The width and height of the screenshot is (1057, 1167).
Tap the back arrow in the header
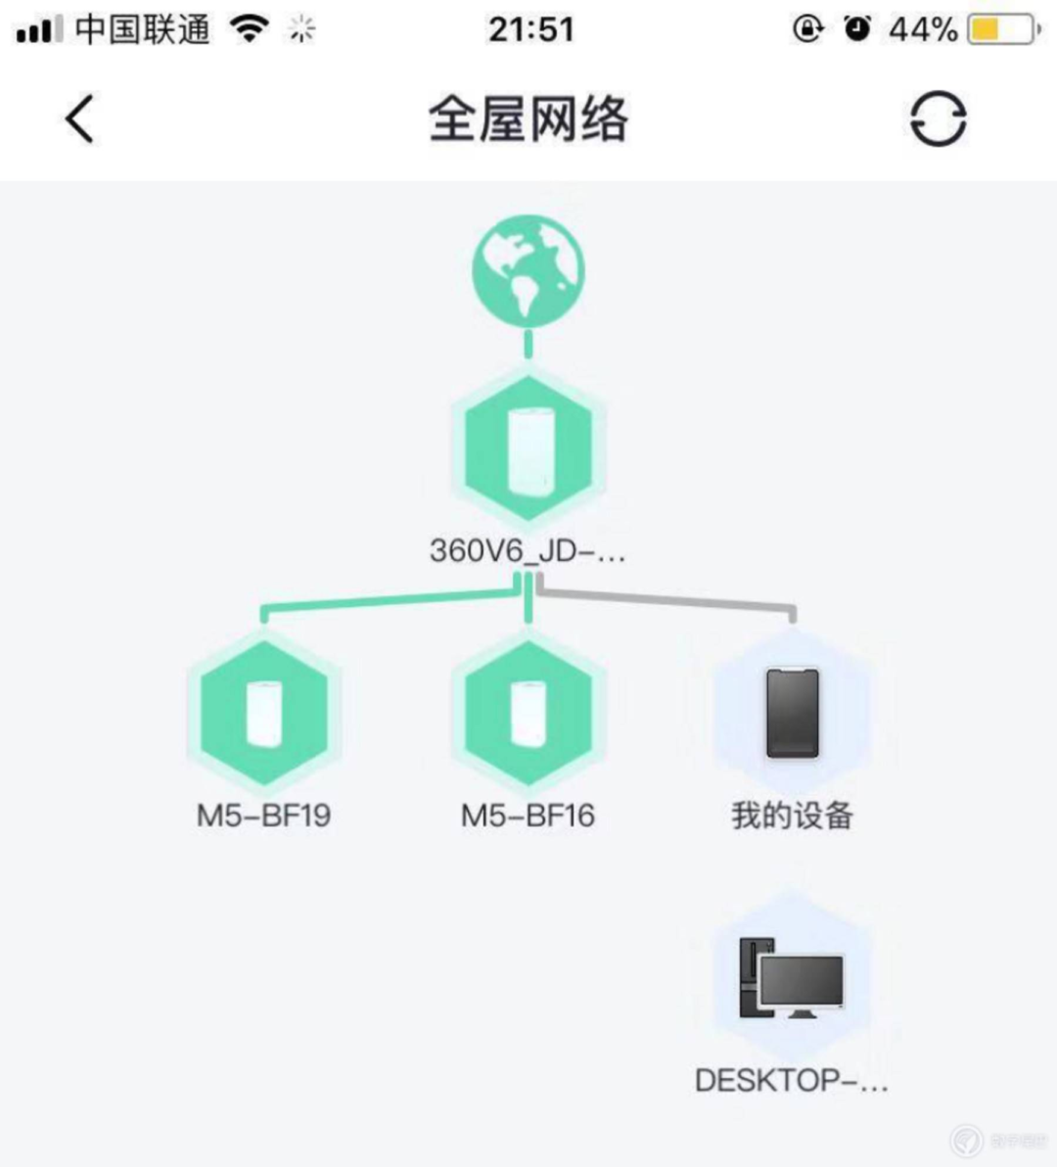(x=79, y=118)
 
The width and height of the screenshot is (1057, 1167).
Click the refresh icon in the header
(x=938, y=118)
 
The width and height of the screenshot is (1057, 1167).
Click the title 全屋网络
(x=528, y=119)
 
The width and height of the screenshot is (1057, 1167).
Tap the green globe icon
(x=528, y=271)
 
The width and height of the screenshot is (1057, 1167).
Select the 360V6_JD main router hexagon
(x=528, y=447)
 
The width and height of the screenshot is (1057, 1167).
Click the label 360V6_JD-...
(x=528, y=551)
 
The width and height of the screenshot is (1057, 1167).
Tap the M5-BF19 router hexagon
(x=264, y=713)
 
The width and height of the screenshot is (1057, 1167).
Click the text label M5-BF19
(x=264, y=816)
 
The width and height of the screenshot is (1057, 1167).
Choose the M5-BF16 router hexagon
(x=528, y=713)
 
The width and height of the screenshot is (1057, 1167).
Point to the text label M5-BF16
(x=528, y=816)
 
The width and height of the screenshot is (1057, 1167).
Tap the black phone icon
(x=793, y=713)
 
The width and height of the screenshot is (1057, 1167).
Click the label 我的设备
(x=793, y=816)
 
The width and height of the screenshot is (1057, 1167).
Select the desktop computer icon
(x=792, y=978)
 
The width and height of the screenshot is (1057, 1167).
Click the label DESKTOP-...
(x=792, y=1081)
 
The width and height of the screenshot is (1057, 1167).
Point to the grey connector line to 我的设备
(x=666, y=599)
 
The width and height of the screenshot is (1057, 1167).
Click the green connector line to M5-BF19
(x=391, y=599)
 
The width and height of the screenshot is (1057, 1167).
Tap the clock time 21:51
(x=531, y=29)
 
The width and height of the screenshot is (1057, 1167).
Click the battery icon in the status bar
(x=1004, y=29)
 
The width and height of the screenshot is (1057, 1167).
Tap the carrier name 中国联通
(x=142, y=29)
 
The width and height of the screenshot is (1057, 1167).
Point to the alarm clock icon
(x=857, y=28)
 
